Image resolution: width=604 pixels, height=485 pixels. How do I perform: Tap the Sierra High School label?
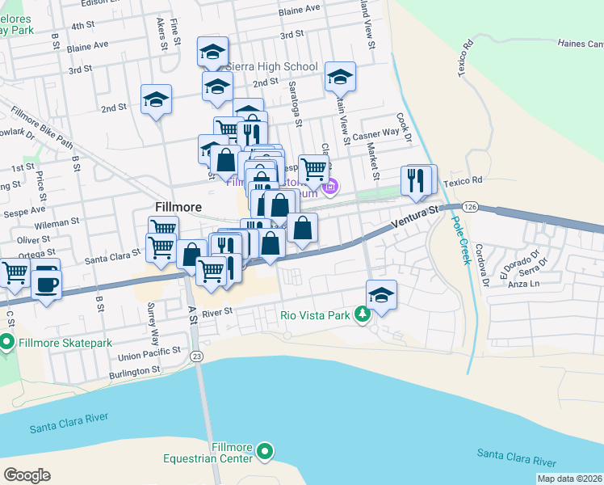point(273,67)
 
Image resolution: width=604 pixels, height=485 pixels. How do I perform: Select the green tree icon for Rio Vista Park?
point(363,314)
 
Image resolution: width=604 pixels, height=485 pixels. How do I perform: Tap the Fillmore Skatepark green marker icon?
point(7,344)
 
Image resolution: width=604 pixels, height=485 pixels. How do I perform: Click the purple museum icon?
point(329,188)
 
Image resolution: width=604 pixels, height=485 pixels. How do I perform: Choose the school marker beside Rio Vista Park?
point(381,293)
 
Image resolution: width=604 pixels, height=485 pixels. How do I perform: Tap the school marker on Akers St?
point(156,99)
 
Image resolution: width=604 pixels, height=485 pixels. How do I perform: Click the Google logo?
point(27,474)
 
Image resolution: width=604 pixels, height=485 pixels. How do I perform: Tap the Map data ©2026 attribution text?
point(569,479)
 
